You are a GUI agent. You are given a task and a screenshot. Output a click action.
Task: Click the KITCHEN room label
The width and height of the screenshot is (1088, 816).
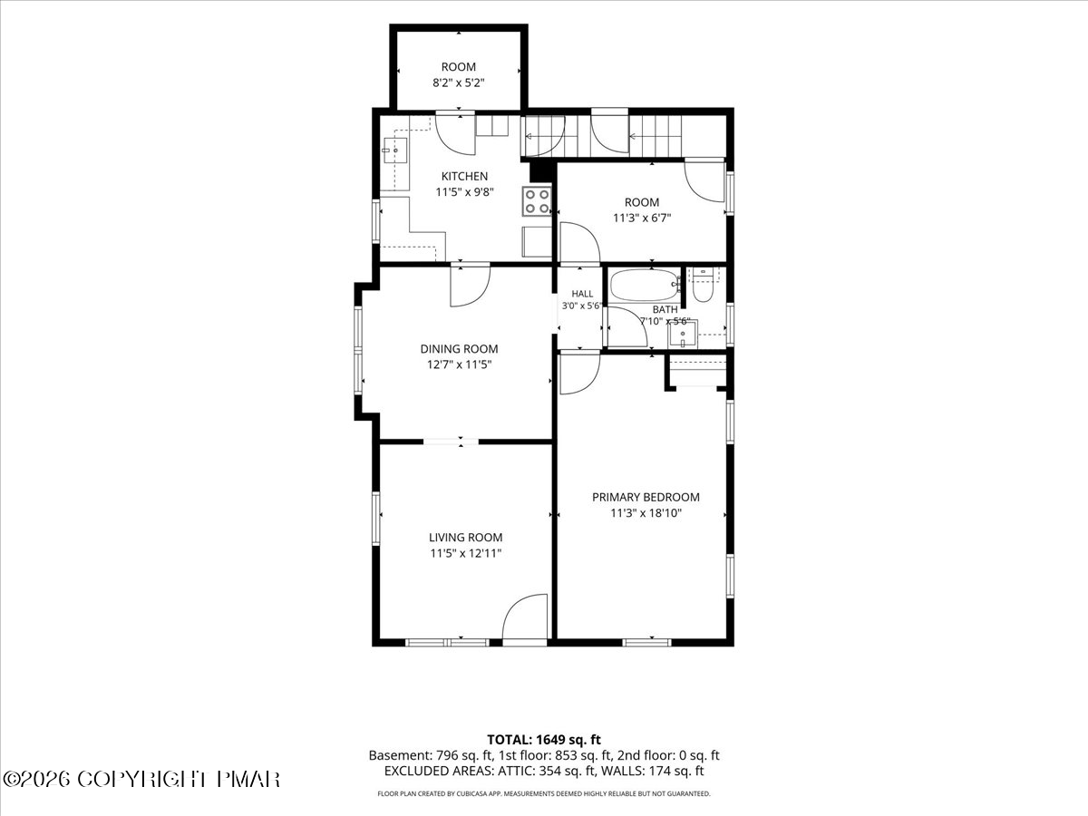pyautogui.click(x=464, y=176)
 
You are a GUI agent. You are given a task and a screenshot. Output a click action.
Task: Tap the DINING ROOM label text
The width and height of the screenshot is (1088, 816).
pyautogui.click(x=459, y=349)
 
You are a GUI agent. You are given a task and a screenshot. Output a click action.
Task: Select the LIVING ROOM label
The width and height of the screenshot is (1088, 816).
pyautogui.click(x=465, y=537)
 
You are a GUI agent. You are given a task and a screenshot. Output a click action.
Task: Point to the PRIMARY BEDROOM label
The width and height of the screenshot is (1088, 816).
pyautogui.click(x=646, y=497)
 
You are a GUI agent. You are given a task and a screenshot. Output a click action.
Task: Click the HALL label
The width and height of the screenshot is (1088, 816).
pyautogui.click(x=582, y=294)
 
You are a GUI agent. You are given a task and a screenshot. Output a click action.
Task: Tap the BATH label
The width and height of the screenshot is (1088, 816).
pyautogui.click(x=665, y=310)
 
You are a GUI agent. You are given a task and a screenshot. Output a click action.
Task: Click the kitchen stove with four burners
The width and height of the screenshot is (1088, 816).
pyautogui.click(x=537, y=201)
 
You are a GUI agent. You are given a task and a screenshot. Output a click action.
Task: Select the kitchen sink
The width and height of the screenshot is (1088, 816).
pyautogui.click(x=395, y=151)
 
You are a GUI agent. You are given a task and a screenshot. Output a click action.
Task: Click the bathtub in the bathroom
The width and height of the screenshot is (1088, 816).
pyautogui.click(x=644, y=285)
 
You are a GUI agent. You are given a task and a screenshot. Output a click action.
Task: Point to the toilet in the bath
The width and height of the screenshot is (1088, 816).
pyautogui.click(x=703, y=285)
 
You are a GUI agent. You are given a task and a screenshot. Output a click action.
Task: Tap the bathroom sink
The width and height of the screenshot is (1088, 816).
pyautogui.click(x=683, y=334)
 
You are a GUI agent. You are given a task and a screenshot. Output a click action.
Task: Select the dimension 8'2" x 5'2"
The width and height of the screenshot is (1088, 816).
pyautogui.click(x=459, y=83)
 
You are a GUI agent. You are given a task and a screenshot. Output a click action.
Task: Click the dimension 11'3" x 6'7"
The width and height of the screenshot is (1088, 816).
pyautogui.click(x=642, y=218)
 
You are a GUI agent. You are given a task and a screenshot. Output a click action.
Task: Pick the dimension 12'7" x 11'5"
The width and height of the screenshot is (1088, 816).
pyautogui.click(x=459, y=364)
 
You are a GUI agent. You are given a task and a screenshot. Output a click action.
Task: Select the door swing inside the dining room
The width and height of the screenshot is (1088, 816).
pyautogui.click(x=470, y=287)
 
